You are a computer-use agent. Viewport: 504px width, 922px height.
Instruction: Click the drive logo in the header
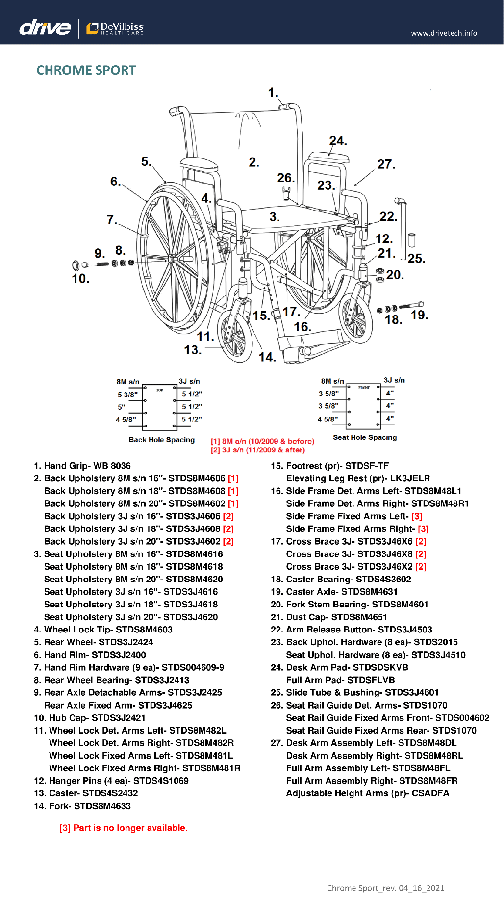[45, 27]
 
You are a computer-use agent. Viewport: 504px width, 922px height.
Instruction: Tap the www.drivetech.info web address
[444, 33]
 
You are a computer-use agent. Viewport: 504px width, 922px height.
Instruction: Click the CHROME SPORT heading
[86, 70]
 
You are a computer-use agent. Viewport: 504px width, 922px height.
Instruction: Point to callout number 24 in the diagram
[338, 141]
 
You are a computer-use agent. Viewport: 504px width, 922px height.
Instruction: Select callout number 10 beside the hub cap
[80, 279]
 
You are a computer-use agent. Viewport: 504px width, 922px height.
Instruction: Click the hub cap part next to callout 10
[76, 266]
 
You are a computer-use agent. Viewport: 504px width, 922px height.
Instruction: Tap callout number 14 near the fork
[267, 357]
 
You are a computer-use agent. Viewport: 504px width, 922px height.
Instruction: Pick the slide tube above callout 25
[401, 226]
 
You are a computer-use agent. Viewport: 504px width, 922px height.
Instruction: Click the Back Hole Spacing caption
[161, 440]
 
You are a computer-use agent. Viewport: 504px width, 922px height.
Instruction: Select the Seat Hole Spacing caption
[365, 437]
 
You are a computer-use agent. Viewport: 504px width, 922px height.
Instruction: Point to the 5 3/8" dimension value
[127, 395]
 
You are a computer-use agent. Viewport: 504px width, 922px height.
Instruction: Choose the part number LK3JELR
[406, 478]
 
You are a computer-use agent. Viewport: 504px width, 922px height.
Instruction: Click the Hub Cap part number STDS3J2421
[118, 718]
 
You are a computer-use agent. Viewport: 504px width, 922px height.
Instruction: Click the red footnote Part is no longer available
[124, 828]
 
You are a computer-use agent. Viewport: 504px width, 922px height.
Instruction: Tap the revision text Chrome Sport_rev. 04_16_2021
[385, 888]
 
